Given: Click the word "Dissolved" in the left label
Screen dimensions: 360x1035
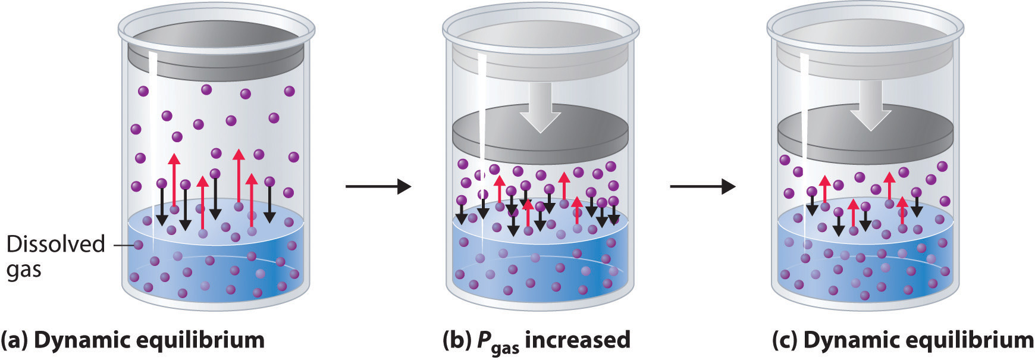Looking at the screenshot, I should [55, 244].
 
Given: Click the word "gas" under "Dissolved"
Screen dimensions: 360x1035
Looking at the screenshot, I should [24, 270].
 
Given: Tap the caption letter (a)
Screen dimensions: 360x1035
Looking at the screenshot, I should [14, 340].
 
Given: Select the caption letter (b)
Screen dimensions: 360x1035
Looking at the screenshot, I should [457, 340].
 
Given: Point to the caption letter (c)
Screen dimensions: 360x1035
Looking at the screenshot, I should [785, 340].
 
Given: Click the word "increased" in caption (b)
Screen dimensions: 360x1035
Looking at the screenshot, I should [577, 340].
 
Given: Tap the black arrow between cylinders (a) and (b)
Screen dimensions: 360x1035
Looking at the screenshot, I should [378, 187].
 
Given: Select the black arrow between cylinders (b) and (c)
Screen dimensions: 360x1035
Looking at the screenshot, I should [702, 187].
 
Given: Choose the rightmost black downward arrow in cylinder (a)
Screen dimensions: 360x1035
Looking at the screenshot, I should [270, 202].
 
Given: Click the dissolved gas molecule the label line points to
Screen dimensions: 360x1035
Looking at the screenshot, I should [139, 245].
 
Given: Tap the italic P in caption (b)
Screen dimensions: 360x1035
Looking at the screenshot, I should [483, 340].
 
